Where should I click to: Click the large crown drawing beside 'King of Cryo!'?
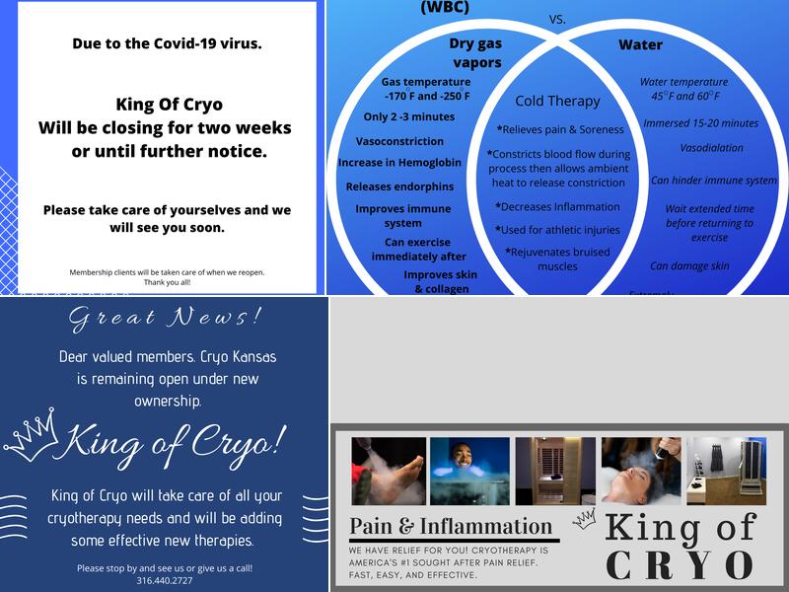point(32,438)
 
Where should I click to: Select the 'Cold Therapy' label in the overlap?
point(557,101)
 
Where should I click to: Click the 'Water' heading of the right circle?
point(640,45)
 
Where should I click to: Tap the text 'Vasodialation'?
point(711,148)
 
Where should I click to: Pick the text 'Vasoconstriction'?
point(399,141)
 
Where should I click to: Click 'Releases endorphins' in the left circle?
point(399,186)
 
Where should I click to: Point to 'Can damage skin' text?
point(689,265)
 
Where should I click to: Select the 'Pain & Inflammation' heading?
point(452,527)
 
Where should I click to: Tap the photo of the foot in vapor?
point(388,471)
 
